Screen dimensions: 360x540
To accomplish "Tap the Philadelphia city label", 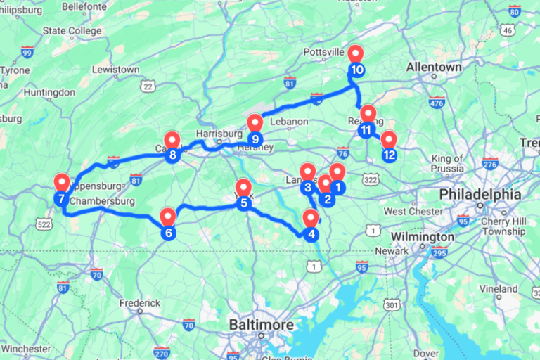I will [x=480, y=195].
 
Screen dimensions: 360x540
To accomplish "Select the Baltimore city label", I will [x=259, y=325].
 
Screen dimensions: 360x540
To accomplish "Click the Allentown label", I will [x=434, y=67].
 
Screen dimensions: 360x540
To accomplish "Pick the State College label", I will [x=72, y=31].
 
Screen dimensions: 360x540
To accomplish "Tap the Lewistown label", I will [x=115, y=70].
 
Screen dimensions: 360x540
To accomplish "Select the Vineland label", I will [x=498, y=289].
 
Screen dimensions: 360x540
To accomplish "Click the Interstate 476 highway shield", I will [x=437, y=103].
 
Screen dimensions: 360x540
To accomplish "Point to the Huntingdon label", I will [x=49, y=92].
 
